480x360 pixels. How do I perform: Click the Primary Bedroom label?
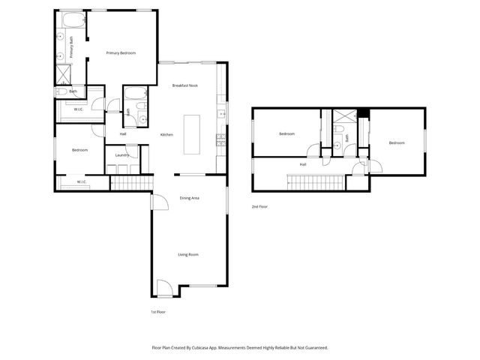(121, 53)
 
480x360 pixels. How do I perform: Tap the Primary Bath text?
(71, 49)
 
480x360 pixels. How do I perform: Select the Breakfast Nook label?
(184, 85)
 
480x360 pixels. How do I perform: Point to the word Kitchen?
(166, 134)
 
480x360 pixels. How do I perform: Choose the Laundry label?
(121, 155)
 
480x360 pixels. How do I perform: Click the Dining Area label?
(189, 198)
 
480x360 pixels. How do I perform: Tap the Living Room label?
(187, 255)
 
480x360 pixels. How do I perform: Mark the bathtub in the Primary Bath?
(72, 19)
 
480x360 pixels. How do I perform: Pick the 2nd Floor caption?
(259, 206)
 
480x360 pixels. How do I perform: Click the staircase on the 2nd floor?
(316, 181)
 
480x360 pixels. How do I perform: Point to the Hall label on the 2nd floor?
(303, 164)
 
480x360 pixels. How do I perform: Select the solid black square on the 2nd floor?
(363, 114)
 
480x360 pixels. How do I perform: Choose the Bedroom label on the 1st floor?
(79, 150)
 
